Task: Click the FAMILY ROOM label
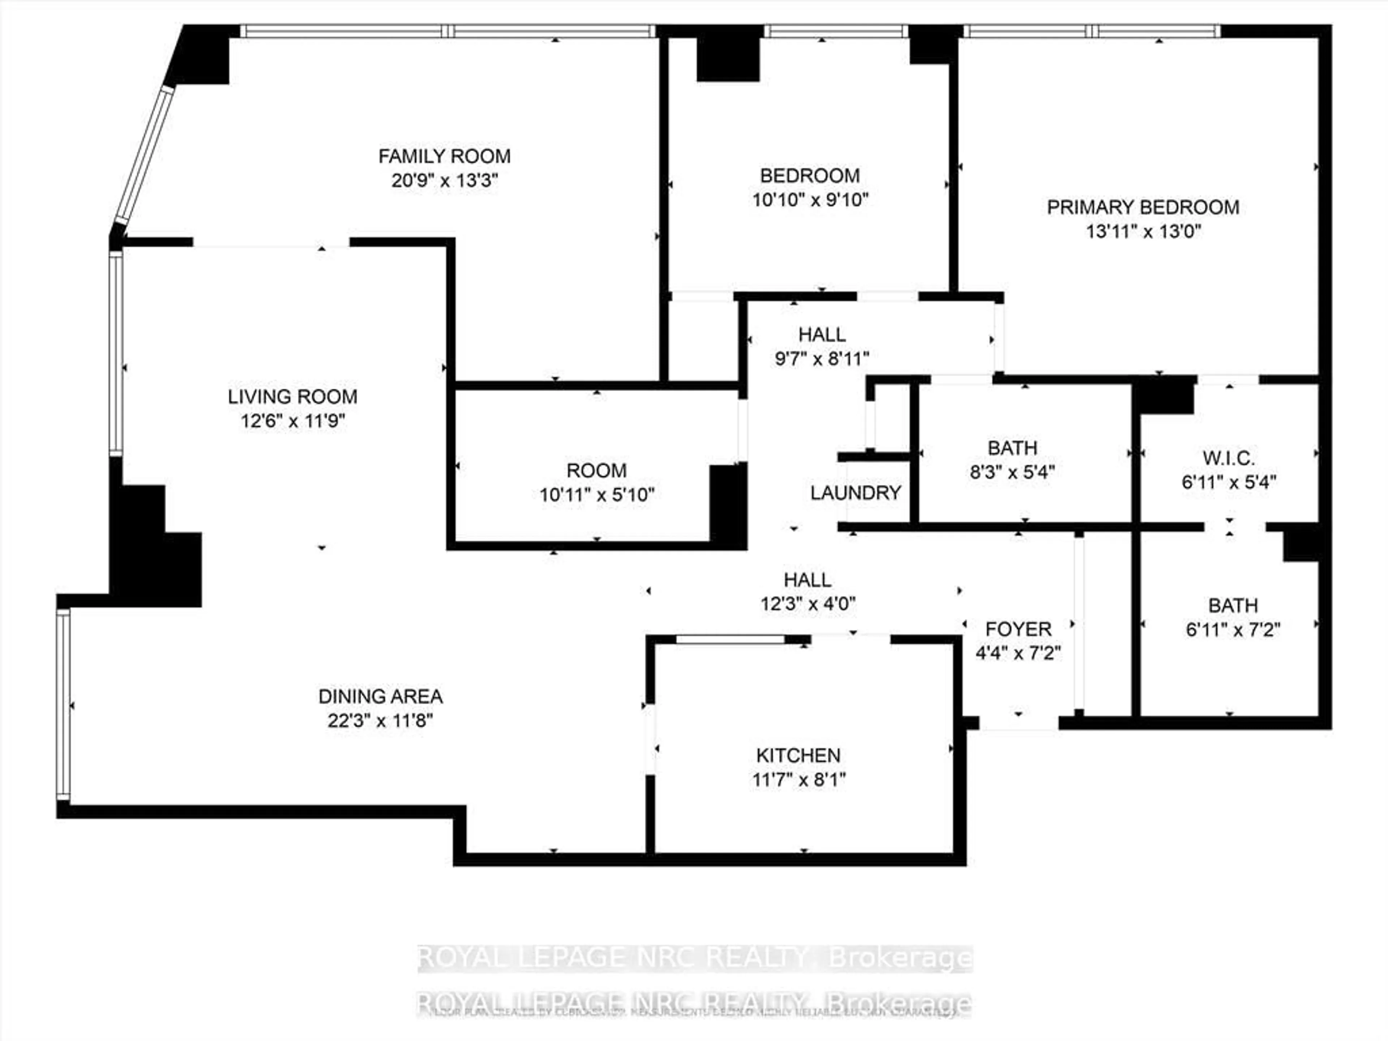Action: point(444,156)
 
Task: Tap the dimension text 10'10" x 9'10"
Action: point(810,200)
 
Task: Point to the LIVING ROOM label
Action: point(292,397)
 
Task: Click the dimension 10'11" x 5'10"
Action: point(597,494)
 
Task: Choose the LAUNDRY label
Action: point(855,493)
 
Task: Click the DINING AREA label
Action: point(380,697)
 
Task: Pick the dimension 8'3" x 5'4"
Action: point(1012,471)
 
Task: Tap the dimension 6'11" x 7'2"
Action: point(1232,629)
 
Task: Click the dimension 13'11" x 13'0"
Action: point(1143,232)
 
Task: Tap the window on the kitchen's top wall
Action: point(730,639)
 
